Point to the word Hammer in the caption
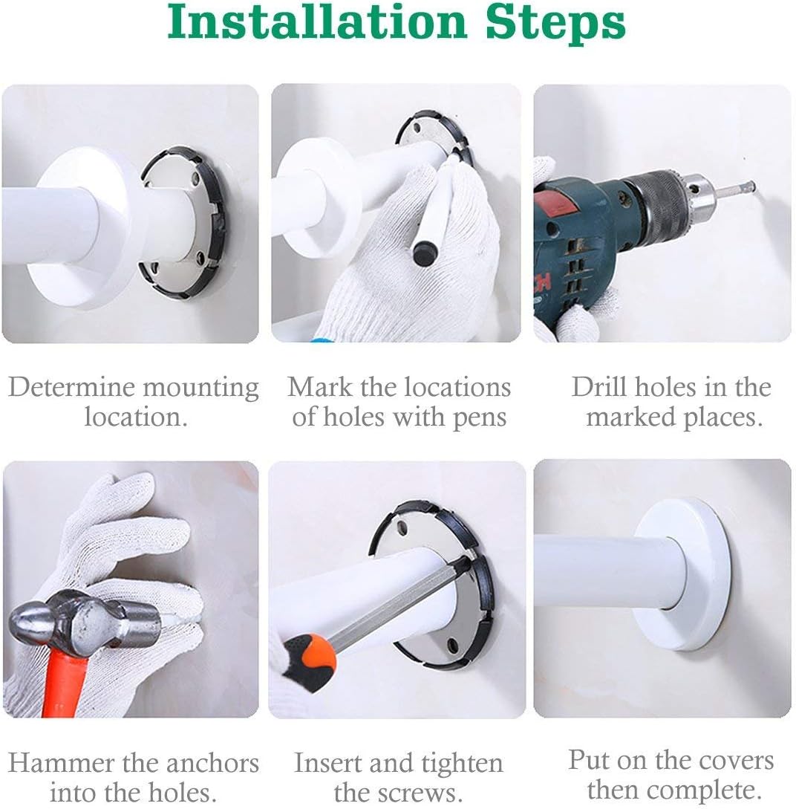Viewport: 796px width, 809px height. pyautogui.click(x=61, y=762)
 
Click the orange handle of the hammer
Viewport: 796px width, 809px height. pyautogui.click(x=67, y=682)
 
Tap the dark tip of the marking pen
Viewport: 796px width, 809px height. pyautogui.click(x=425, y=253)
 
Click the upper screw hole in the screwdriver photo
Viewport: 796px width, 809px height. pyautogui.click(x=402, y=527)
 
